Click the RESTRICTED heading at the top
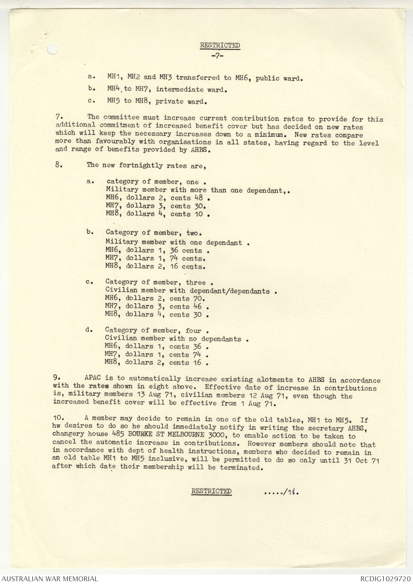(220, 45)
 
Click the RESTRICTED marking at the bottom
(211, 491)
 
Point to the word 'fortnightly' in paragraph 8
(140, 165)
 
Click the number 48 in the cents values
(198, 198)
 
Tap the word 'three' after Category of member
(196, 282)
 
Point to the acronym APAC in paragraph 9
(92, 378)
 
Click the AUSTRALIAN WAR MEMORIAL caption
(50, 579)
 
